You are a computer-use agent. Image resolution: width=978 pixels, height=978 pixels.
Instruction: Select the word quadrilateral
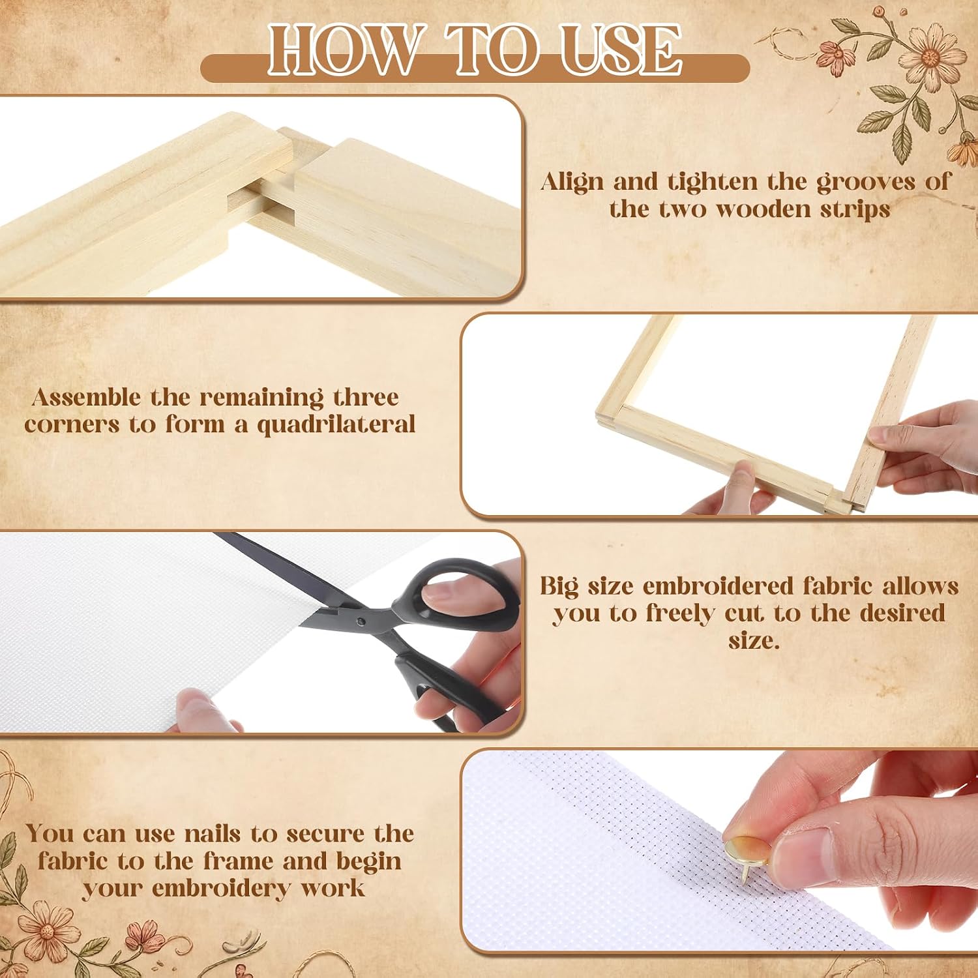336,425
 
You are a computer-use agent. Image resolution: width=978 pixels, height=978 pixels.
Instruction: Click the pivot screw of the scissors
361,621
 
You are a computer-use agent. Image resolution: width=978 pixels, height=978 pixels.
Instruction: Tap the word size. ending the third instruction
754,641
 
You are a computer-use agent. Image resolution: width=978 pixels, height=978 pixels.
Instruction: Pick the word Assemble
86,397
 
